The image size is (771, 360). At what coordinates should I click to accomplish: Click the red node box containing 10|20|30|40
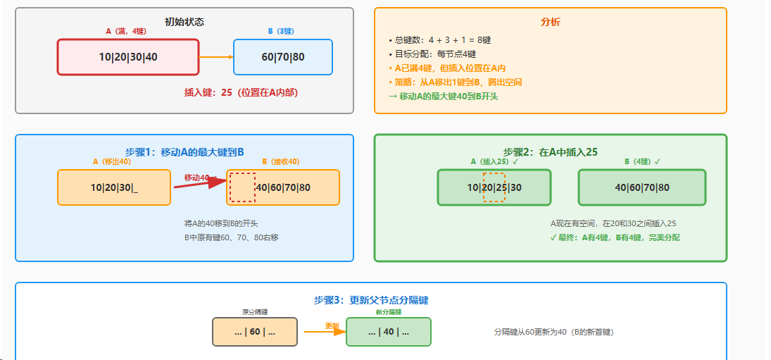pyautogui.click(x=128, y=57)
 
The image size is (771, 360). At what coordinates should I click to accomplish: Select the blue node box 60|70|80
pyautogui.click(x=283, y=57)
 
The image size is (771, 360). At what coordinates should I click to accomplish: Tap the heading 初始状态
pyautogui.click(x=184, y=21)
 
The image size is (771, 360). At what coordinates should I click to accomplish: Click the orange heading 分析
pyautogui.click(x=551, y=22)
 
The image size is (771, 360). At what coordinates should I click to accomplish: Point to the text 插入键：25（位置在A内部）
pyautogui.click(x=246, y=92)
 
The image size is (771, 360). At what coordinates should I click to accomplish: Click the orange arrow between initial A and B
pyautogui.click(x=216, y=57)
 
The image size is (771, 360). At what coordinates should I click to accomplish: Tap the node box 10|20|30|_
pyautogui.click(x=114, y=187)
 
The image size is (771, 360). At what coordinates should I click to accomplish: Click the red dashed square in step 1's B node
pyautogui.click(x=242, y=187)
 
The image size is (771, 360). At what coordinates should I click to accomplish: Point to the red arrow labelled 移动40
pyautogui.click(x=201, y=185)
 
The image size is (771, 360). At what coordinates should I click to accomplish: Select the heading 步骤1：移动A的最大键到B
pyautogui.click(x=184, y=151)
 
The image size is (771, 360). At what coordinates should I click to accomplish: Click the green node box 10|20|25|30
pyautogui.click(x=494, y=187)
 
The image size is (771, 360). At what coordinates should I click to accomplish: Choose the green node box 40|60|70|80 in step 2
pyautogui.click(x=642, y=187)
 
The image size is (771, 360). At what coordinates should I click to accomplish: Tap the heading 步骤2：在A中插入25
pyautogui.click(x=551, y=151)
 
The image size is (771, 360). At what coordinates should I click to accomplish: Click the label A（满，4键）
pyautogui.click(x=126, y=31)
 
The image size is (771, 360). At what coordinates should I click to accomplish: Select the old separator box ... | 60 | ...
pyautogui.click(x=255, y=332)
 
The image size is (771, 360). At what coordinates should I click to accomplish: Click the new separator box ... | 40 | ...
pyautogui.click(x=389, y=332)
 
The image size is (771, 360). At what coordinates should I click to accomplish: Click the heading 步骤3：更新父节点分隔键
pyautogui.click(x=371, y=300)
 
